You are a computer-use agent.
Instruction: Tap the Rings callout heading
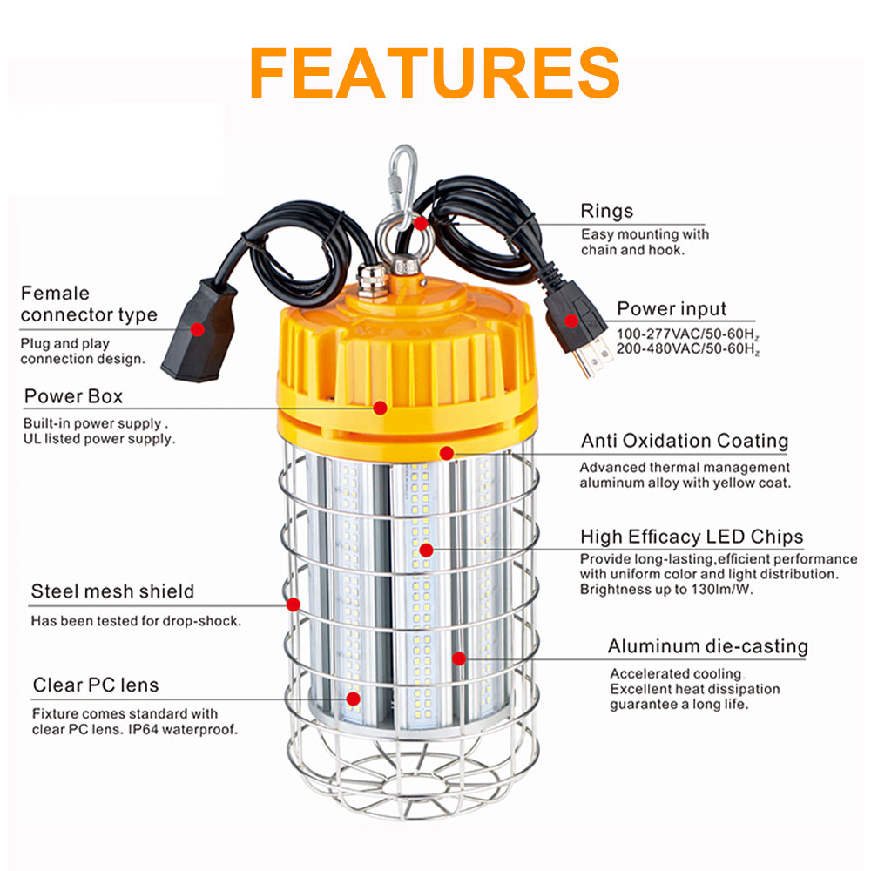tap(607, 212)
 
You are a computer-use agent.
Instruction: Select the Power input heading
tap(672, 309)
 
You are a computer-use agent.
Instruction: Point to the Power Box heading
tap(73, 396)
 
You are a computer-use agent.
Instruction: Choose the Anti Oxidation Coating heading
tap(685, 441)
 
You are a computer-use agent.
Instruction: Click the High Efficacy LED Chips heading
tap(692, 537)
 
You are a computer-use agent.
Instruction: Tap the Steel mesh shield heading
tap(112, 592)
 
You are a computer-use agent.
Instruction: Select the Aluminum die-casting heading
tap(707, 646)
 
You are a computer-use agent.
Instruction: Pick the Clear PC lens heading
tap(96, 685)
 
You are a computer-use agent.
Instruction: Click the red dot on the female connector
tap(198, 330)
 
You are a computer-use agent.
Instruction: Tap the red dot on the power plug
tap(571, 321)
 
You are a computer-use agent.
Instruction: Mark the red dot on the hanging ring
tap(421, 222)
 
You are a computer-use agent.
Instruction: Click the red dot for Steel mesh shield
tap(294, 604)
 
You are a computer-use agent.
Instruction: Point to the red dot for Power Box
tap(381, 407)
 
